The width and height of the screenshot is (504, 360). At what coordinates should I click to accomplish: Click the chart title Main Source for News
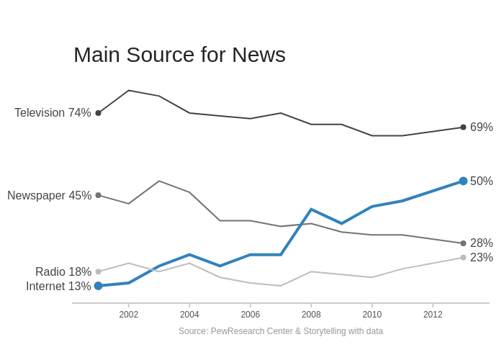coord(179,55)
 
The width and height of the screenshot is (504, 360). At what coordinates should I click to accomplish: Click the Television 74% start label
coord(53,113)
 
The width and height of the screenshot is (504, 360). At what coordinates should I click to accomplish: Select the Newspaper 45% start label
coord(49,196)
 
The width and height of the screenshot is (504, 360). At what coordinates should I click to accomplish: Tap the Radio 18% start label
coord(63,272)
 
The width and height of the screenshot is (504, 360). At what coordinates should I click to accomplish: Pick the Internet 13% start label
coord(58,287)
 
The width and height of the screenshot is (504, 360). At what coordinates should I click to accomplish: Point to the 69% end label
coord(482,127)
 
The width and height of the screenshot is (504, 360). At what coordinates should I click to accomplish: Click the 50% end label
coord(482,181)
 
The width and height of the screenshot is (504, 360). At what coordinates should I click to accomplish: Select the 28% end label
coord(482,243)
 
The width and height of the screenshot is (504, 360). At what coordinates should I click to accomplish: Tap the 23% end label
coord(482,258)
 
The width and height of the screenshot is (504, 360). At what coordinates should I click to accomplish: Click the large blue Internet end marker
coord(463,181)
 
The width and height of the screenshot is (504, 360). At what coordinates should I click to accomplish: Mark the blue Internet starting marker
coord(99,286)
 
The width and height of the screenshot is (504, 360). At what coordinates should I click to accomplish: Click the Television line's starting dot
coord(99,113)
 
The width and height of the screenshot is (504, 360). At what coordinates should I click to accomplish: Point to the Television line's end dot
coord(463,127)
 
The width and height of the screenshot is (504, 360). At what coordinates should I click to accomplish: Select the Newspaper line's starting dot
coord(99,195)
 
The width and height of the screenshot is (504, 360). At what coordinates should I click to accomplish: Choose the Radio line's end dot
coord(463,258)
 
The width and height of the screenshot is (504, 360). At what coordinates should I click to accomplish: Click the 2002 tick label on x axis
coord(129,315)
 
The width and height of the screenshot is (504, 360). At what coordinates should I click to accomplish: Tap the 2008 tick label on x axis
coord(311,315)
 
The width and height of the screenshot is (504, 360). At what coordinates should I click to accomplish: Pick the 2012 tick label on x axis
coord(433,315)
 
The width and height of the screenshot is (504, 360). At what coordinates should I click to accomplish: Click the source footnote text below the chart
coord(281,331)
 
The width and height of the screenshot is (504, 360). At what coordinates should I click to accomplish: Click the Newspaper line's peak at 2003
coord(159,181)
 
